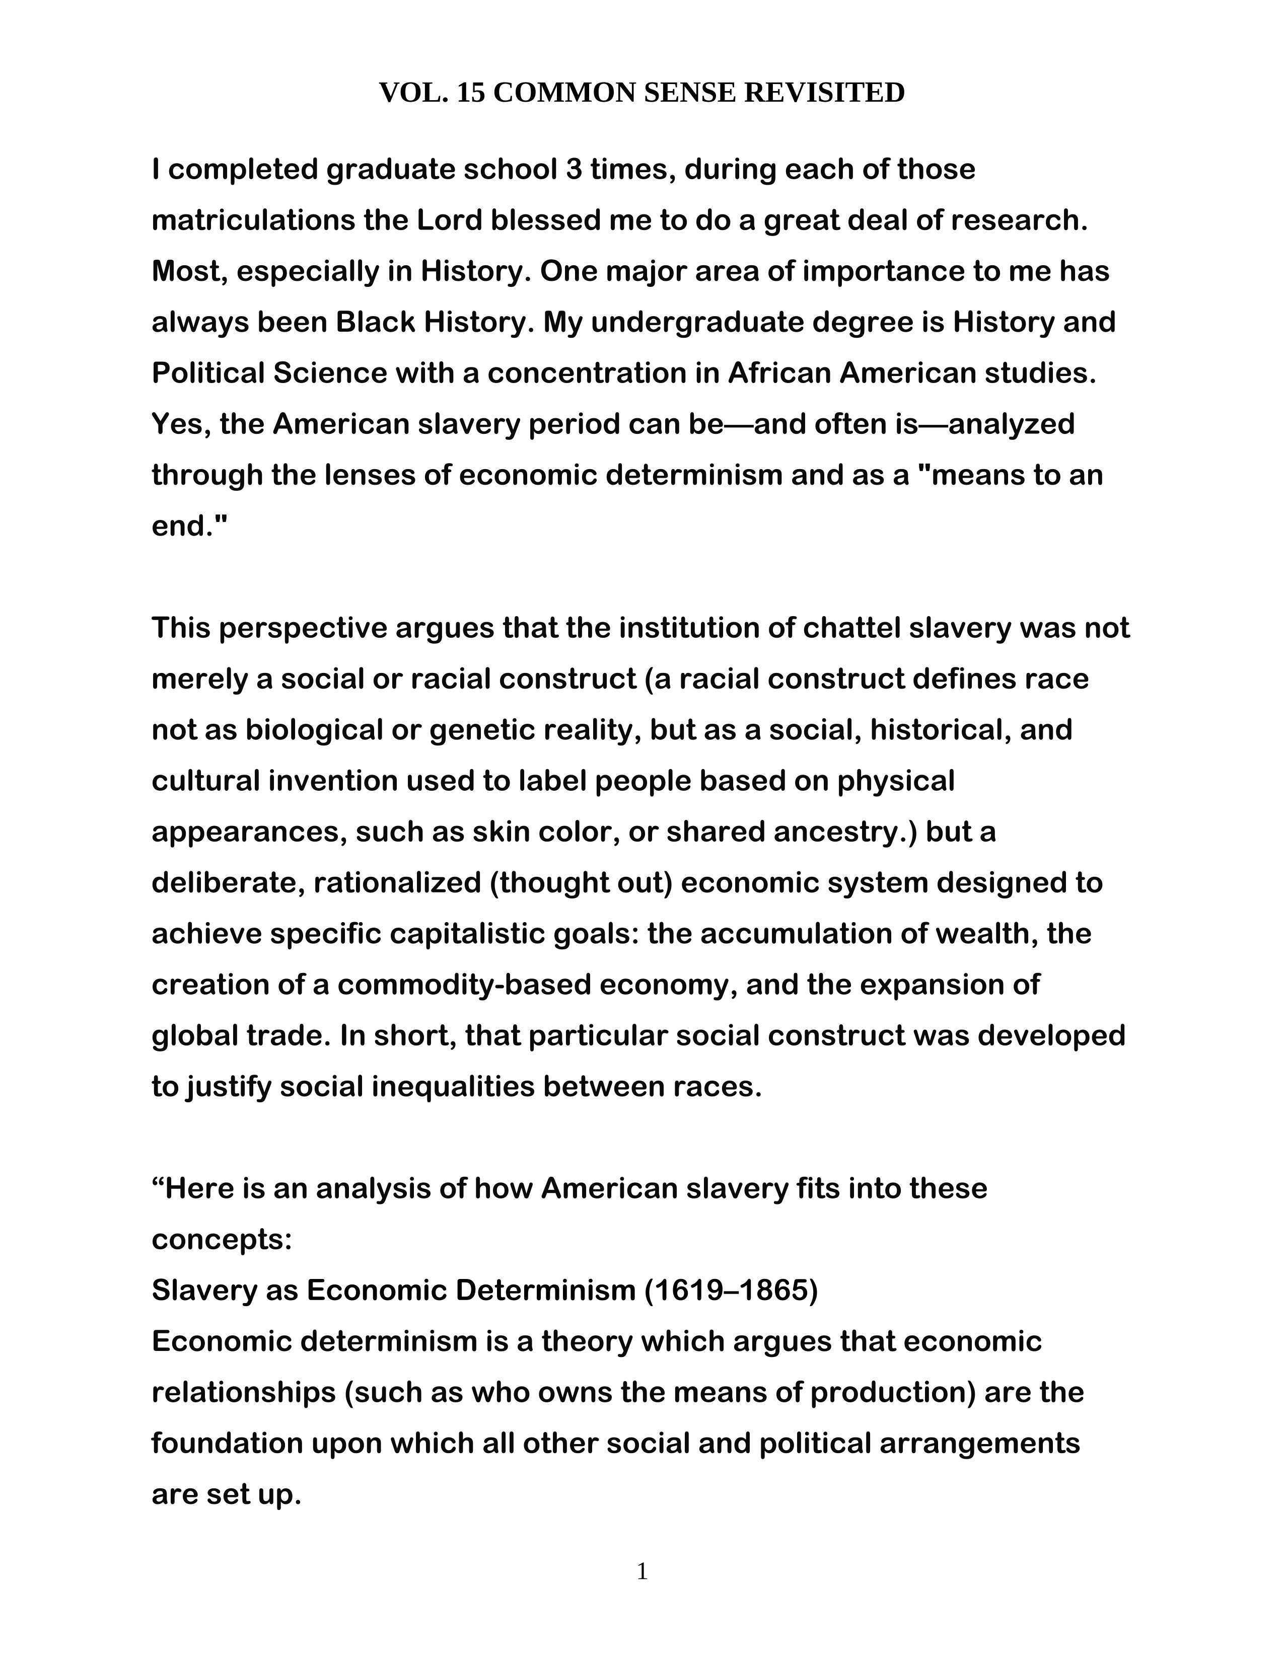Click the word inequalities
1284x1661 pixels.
(453, 1086)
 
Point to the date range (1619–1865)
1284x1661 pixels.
(730, 1290)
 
